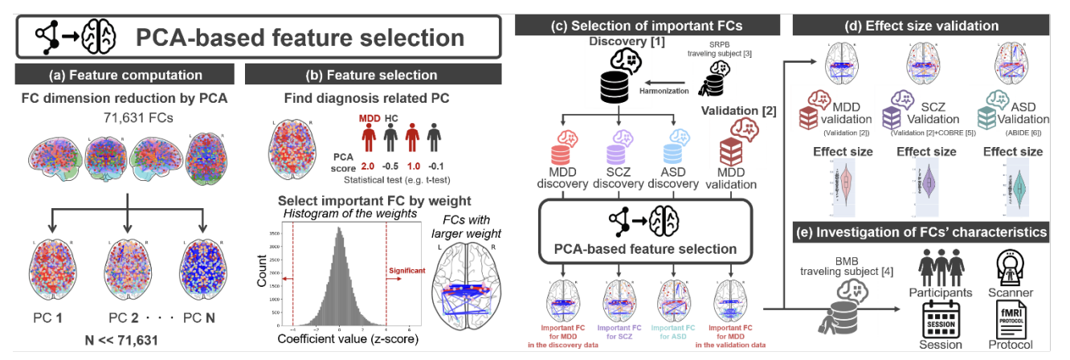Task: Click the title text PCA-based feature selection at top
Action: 299,37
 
